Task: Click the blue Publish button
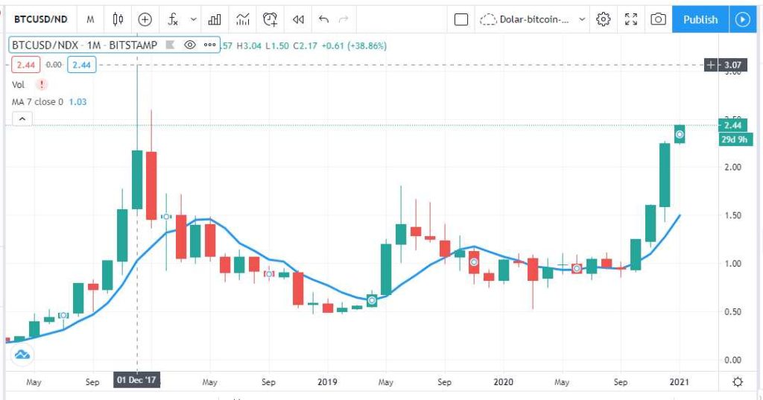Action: [x=700, y=19]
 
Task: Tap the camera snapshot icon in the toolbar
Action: [x=658, y=19]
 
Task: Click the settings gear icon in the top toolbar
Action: [x=604, y=19]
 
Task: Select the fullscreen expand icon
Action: [x=631, y=19]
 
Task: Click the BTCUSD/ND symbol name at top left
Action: [x=41, y=19]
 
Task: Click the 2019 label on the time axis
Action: [x=327, y=382]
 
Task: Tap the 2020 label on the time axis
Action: [x=503, y=382]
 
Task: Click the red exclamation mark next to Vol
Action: [x=41, y=85]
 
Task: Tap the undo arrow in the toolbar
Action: [x=323, y=19]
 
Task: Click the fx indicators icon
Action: [x=173, y=19]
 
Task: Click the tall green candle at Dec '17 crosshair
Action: [x=137, y=180]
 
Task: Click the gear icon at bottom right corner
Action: [x=738, y=382]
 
